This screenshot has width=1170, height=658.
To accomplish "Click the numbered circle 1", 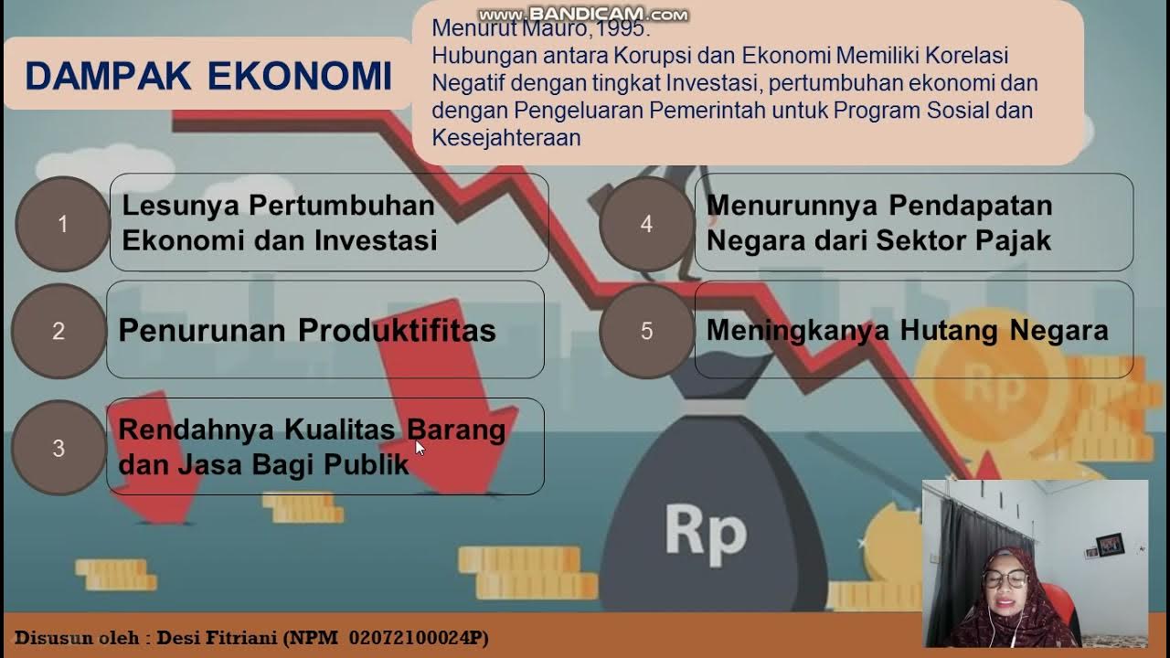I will pyautogui.click(x=62, y=224).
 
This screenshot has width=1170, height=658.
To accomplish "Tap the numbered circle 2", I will pyautogui.click(x=58, y=331).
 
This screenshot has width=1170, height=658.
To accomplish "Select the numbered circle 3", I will pyautogui.click(x=58, y=449).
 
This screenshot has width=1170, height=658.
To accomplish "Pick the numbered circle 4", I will pyautogui.click(x=646, y=224).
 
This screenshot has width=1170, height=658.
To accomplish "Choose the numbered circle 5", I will pyautogui.click(x=646, y=331).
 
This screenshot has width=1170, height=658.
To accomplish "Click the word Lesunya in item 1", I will pyautogui.click(x=181, y=206).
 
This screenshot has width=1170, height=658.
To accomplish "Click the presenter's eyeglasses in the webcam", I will pyautogui.click(x=1005, y=578).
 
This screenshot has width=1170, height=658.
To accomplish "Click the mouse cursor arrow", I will pyautogui.click(x=420, y=447).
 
